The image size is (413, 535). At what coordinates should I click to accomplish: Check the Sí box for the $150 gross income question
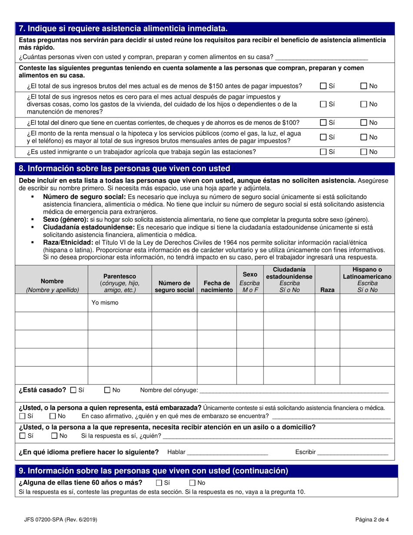point(323,86)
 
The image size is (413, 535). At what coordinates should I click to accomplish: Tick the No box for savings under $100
point(364,123)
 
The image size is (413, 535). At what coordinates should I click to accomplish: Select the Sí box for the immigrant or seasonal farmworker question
point(323,152)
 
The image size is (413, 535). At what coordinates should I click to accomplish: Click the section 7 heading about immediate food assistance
point(123,29)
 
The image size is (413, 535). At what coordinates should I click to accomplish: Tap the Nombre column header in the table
point(52,285)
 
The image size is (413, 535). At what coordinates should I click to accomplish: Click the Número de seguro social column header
point(174,286)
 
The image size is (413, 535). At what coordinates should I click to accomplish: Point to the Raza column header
point(327,290)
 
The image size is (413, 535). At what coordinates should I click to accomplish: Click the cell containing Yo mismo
point(120,303)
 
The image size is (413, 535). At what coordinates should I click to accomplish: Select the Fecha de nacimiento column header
point(217,286)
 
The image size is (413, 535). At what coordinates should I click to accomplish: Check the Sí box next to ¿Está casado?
point(73,390)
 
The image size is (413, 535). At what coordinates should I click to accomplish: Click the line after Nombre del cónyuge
point(293,391)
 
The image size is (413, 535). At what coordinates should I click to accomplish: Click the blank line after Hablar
point(227,453)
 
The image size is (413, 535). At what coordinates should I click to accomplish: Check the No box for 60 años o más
point(193,483)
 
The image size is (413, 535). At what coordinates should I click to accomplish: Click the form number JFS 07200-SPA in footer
point(57,519)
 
